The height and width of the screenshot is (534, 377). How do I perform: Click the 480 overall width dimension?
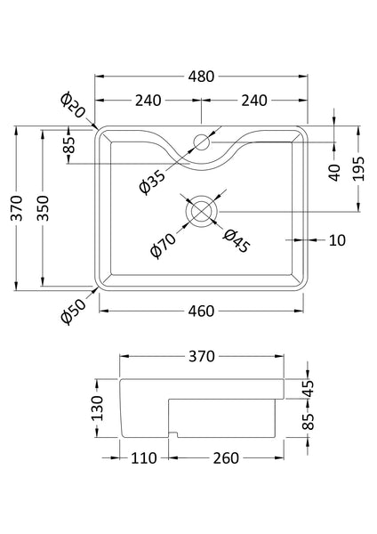click(201, 77)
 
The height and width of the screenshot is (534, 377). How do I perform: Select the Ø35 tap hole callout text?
click(152, 181)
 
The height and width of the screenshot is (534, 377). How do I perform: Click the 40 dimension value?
click(334, 172)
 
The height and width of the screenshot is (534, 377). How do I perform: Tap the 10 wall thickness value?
click(335, 240)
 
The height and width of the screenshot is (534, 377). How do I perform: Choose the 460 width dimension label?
click(202, 311)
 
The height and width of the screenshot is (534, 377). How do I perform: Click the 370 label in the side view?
click(201, 357)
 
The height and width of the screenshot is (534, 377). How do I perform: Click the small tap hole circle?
click(201, 141)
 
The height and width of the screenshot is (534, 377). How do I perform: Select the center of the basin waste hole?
click(201, 211)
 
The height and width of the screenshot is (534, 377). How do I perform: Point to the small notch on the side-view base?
click(175, 435)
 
